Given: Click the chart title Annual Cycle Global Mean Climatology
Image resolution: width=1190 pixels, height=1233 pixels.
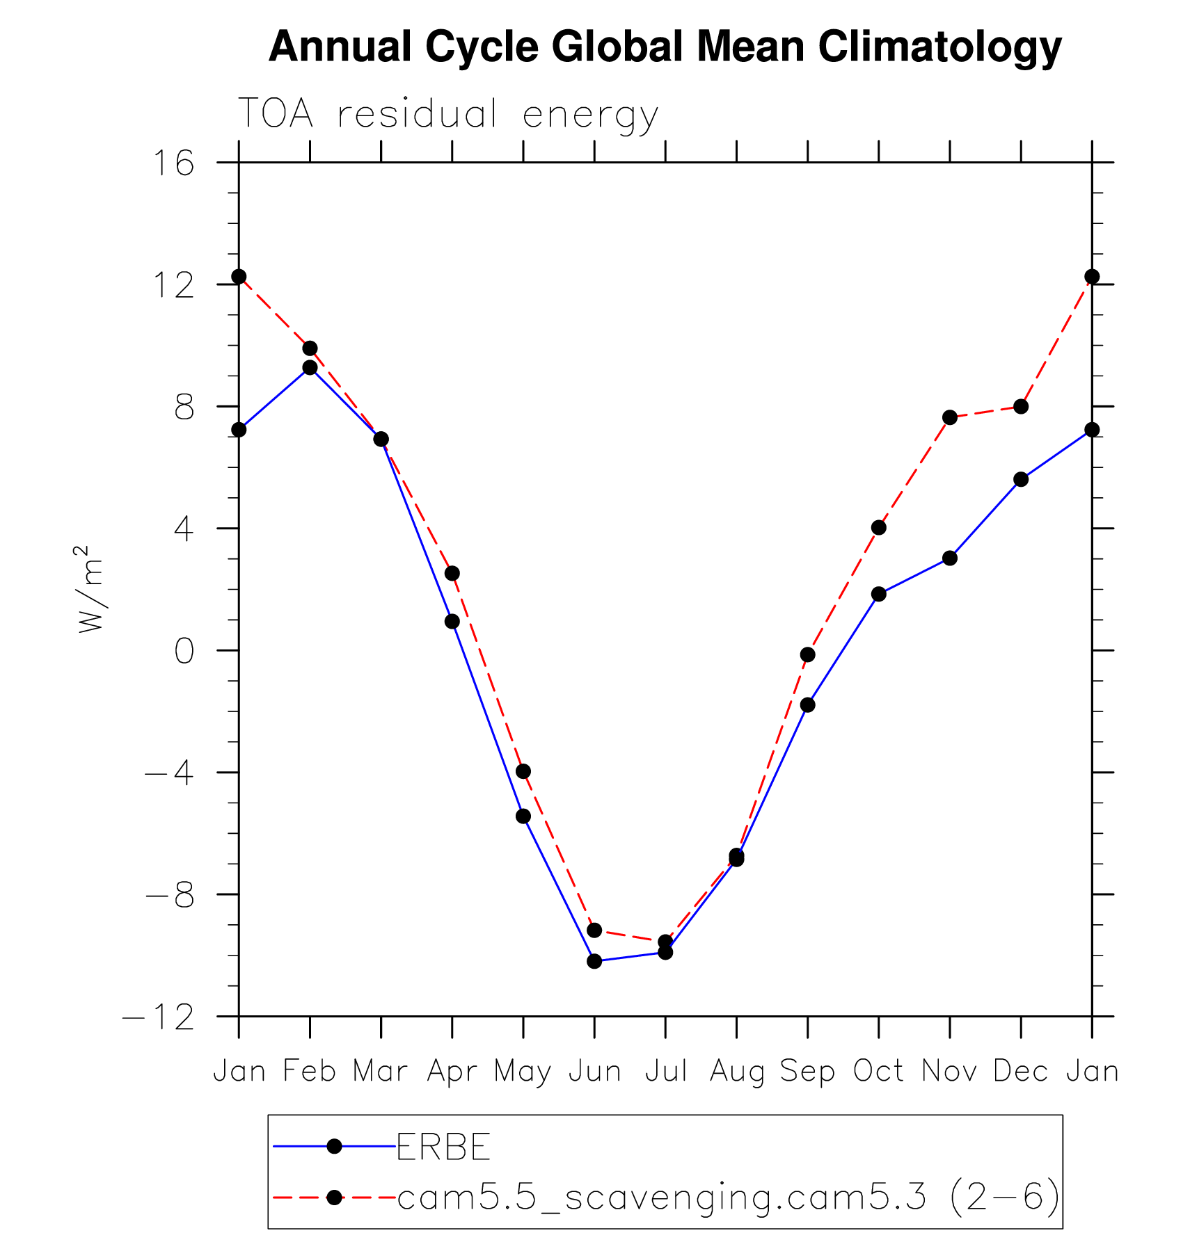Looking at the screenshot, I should tap(665, 47).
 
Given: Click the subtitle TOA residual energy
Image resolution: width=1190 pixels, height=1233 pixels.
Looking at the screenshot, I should tap(447, 114).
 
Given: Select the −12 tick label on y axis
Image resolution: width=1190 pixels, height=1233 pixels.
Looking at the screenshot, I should tap(159, 1018).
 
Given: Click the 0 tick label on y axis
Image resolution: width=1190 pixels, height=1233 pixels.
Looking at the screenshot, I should tap(184, 652).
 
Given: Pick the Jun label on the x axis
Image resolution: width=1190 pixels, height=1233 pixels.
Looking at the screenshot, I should tap(594, 1072).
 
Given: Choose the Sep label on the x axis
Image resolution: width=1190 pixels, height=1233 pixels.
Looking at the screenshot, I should tap(807, 1072).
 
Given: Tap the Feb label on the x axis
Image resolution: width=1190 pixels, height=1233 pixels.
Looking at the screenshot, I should tap(310, 1072).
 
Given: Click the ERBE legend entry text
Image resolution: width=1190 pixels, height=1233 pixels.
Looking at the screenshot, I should tap(443, 1147).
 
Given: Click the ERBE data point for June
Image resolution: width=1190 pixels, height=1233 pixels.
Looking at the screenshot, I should tap(594, 961).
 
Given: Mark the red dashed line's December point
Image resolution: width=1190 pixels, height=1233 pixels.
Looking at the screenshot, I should tap(1021, 406).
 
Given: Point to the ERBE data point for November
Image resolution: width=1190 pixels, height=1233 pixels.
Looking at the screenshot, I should tap(950, 558).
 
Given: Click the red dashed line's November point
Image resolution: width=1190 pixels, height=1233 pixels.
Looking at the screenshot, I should tap(950, 417).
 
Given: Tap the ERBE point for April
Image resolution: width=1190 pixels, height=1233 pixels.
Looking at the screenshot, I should tap(452, 621).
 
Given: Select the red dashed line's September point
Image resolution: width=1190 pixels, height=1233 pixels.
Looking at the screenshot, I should tap(807, 654).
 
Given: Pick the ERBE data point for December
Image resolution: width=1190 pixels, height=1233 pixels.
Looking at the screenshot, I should tap(1021, 479).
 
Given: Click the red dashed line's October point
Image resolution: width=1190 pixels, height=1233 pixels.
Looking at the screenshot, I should tap(879, 528).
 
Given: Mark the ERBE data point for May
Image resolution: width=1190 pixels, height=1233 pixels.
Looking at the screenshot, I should tap(523, 816).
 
